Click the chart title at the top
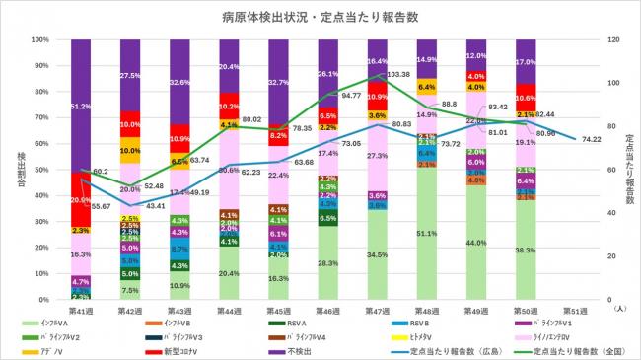pos(320,17)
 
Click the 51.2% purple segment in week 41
pos(81,106)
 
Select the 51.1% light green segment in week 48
pos(426,234)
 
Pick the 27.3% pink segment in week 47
pos(377,156)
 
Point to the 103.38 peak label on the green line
pos(399,75)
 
